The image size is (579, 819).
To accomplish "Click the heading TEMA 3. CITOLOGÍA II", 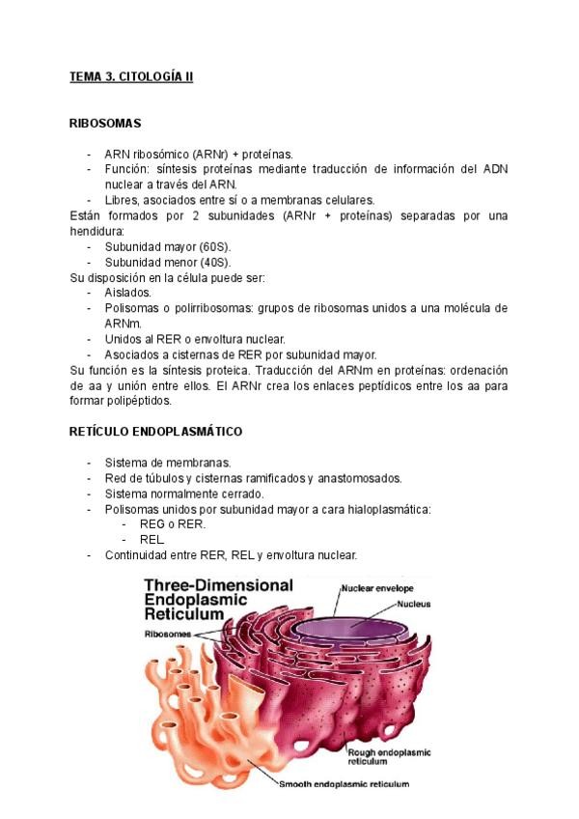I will [131, 76].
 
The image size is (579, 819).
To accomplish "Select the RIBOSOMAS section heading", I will [106, 123].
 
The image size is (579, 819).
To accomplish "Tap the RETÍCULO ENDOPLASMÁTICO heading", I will [155, 431].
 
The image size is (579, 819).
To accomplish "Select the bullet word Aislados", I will [127, 292].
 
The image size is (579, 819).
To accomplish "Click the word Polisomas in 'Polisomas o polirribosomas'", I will [132, 308].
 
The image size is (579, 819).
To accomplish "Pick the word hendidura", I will [98, 232].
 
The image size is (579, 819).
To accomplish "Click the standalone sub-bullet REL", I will [152, 540].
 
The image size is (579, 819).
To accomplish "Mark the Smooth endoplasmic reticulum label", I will [344, 784].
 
